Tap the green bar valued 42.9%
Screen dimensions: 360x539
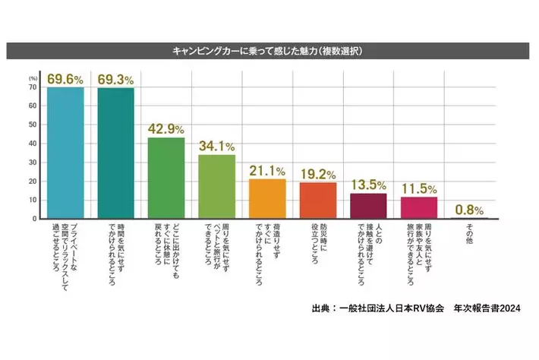tap(166, 178)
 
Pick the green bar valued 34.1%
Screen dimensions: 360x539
tap(217, 186)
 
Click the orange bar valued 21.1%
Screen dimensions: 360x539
tap(267, 198)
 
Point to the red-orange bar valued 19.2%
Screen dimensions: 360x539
tap(318, 201)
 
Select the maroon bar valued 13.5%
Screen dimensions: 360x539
tap(368, 206)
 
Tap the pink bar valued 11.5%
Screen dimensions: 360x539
tap(419, 207)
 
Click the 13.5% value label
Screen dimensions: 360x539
tap(368, 185)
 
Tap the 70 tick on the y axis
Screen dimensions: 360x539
tap(33, 87)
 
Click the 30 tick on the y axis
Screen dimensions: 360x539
tap(33, 163)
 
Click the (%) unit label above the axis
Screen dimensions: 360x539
tap(33, 77)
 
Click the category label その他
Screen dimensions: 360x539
tap(469, 232)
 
